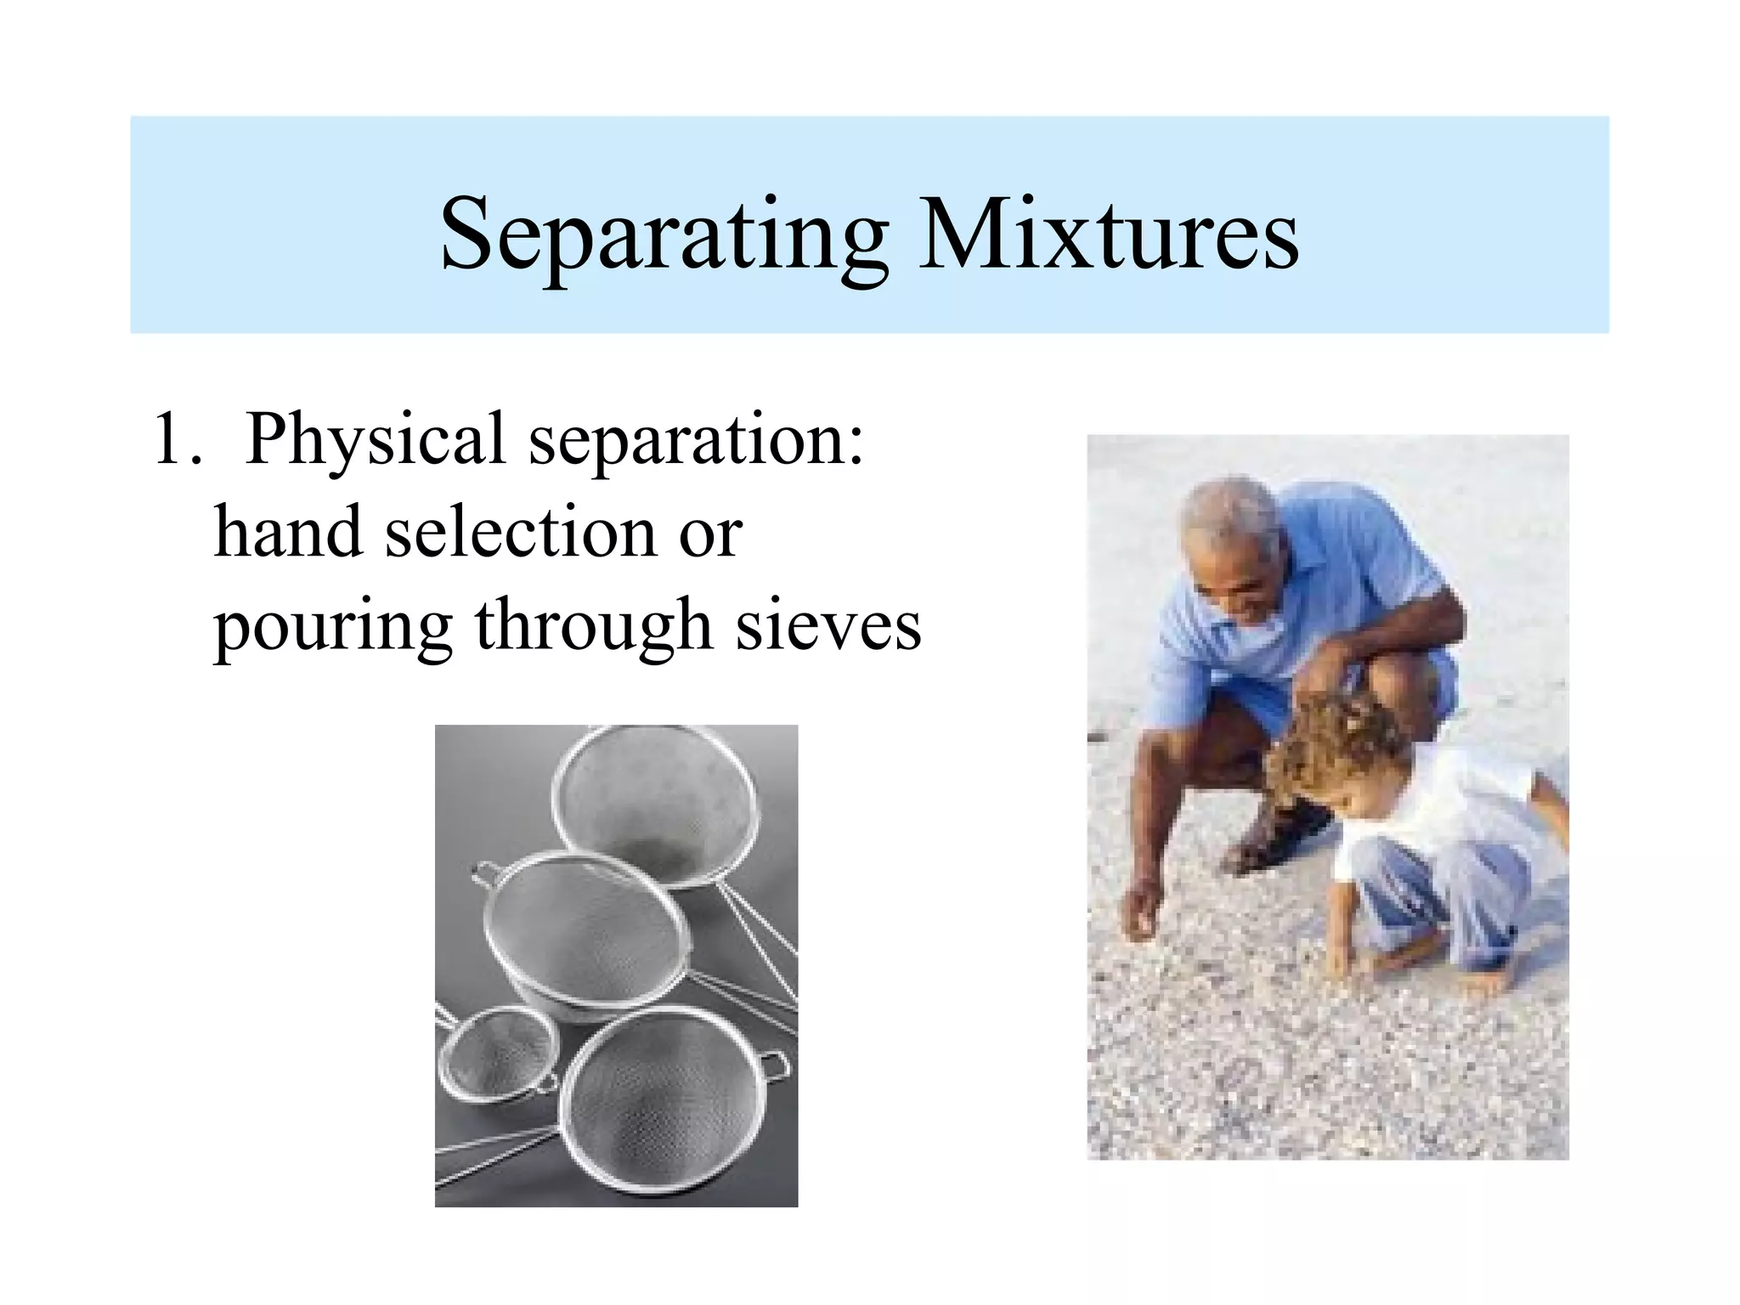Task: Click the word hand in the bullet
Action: click(x=287, y=532)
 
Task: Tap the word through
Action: click(x=592, y=627)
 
